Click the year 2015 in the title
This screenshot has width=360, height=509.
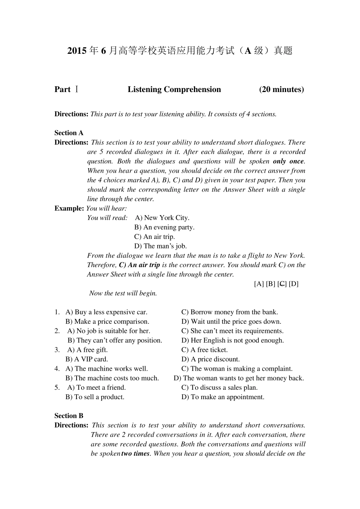tap(77, 51)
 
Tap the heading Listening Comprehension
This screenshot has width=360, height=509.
tap(174, 89)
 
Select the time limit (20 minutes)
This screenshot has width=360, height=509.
tap(281, 89)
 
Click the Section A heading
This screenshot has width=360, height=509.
tap(69, 133)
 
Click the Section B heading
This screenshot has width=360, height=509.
tap(69, 416)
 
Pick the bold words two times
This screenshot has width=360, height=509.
tap(135, 454)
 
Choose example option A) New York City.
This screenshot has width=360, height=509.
tap(162, 218)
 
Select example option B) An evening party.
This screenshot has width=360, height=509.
tap(164, 227)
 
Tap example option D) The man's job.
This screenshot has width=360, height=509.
tap(160, 246)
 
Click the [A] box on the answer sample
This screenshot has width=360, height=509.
tap(259, 284)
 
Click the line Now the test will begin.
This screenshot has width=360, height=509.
tap(123, 293)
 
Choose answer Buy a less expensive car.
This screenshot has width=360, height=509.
tap(106, 312)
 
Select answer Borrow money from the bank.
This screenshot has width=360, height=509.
tap(230, 312)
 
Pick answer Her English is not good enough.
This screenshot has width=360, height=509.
tap(233, 340)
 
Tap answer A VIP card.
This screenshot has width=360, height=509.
tap(87, 359)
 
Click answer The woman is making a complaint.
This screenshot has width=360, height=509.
tap(237, 369)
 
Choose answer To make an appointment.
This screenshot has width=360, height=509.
tap(223, 397)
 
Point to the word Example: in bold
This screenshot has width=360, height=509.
tap(69, 208)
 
